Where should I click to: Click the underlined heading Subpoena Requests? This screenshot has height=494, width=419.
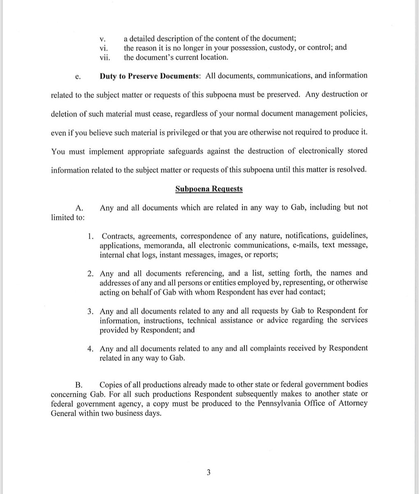(209, 189)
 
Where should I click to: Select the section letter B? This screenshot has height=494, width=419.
(79, 385)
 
